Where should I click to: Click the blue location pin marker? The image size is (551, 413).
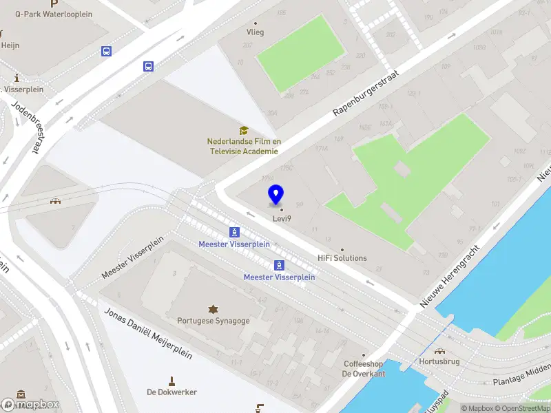pyautogui.click(x=276, y=195)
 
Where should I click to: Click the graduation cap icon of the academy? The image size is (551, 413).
pyautogui.click(x=243, y=130)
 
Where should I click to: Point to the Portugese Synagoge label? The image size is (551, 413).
pyautogui.click(x=213, y=321)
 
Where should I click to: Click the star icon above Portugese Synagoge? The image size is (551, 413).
pyautogui.click(x=213, y=308)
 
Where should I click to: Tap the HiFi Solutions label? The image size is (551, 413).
pyautogui.click(x=342, y=258)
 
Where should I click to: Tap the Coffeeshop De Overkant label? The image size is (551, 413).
pyautogui.click(x=365, y=369)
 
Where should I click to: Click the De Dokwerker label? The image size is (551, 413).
pyautogui.click(x=172, y=392)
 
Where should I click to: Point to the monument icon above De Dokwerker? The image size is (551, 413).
pyautogui.click(x=172, y=380)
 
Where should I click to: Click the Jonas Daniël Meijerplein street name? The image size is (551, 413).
pyautogui.click(x=149, y=333)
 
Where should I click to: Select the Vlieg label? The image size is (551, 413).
pyautogui.click(x=256, y=32)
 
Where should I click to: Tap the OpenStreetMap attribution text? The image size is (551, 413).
pyautogui.click(x=522, y=408)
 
